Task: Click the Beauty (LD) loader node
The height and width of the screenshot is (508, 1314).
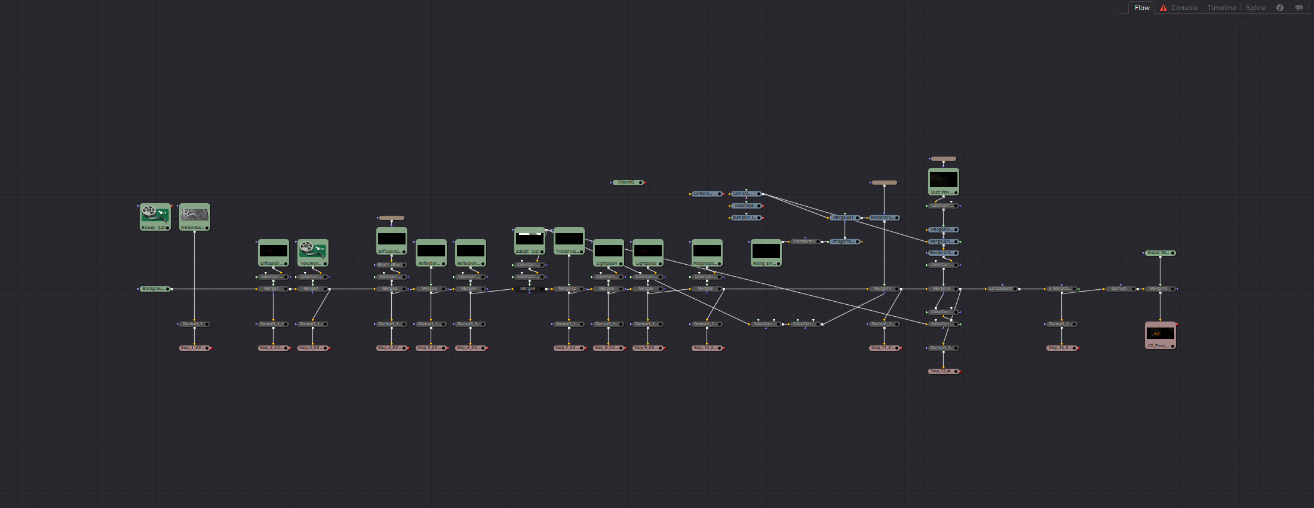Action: (155, 216)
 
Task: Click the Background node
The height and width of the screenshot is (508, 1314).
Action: (155, 289)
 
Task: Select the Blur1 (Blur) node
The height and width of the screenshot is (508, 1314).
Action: (391, 265)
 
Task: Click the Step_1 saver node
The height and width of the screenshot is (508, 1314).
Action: (194, 348)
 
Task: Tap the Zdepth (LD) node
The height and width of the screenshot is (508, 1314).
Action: (529, 240)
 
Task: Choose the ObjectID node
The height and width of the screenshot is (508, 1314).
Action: (627, 182)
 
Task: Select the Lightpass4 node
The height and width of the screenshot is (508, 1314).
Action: (608, 252)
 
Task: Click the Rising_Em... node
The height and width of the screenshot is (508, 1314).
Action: (766, 252)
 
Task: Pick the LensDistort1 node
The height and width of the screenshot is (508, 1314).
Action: (1002, 289)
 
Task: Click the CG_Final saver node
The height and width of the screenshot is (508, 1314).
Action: (1160, 335)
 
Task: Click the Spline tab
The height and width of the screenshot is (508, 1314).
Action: (1255, 8)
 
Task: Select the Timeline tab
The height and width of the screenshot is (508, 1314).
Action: (1221, 8)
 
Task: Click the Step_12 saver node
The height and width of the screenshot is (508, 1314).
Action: (943, 371)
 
